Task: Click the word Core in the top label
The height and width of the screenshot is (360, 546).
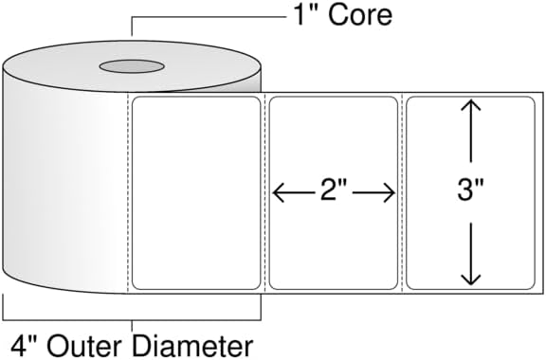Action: tap(360, 15)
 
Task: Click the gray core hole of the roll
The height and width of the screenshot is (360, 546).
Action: tap(132, 66)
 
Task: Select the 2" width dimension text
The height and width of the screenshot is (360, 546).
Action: tap(334, 190)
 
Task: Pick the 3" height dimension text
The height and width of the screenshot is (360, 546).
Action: tap(470, 190)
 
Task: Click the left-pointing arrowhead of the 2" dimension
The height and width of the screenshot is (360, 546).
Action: tap(278, 192)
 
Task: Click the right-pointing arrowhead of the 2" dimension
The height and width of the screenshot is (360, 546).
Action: tap(390, 192)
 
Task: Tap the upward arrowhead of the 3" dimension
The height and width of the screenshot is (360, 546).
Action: tap(471, 105)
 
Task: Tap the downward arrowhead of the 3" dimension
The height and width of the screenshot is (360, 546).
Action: tap(471, 279)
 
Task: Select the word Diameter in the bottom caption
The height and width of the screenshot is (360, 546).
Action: tap(192, 346)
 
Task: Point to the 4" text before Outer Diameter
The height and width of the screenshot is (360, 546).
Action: tap(25, 346)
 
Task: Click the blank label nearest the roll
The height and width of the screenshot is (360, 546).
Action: tap(196, 193)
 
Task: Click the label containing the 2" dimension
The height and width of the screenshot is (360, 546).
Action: tap(334, 193)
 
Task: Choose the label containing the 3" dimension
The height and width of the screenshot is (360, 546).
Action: tap(470, 193)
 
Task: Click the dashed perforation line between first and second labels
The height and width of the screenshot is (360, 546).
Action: tap(265, 193)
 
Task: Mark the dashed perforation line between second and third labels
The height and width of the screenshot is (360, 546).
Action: tap(402, 193)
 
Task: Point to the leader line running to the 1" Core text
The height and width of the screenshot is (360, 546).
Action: tap(209, 17)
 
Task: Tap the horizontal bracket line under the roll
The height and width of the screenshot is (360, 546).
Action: tap(132, 319)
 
